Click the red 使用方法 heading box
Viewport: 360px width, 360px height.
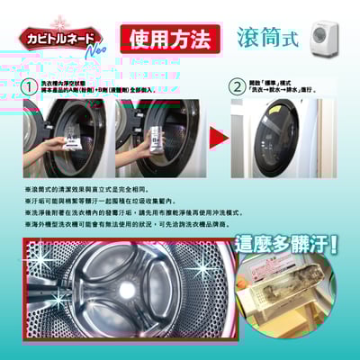(x=169, y=39)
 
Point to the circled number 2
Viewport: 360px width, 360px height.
(x=236, y=86)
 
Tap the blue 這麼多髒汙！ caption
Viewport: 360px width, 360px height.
(x=284, y=243)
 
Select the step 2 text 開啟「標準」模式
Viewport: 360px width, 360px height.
(x=279, y=82)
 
